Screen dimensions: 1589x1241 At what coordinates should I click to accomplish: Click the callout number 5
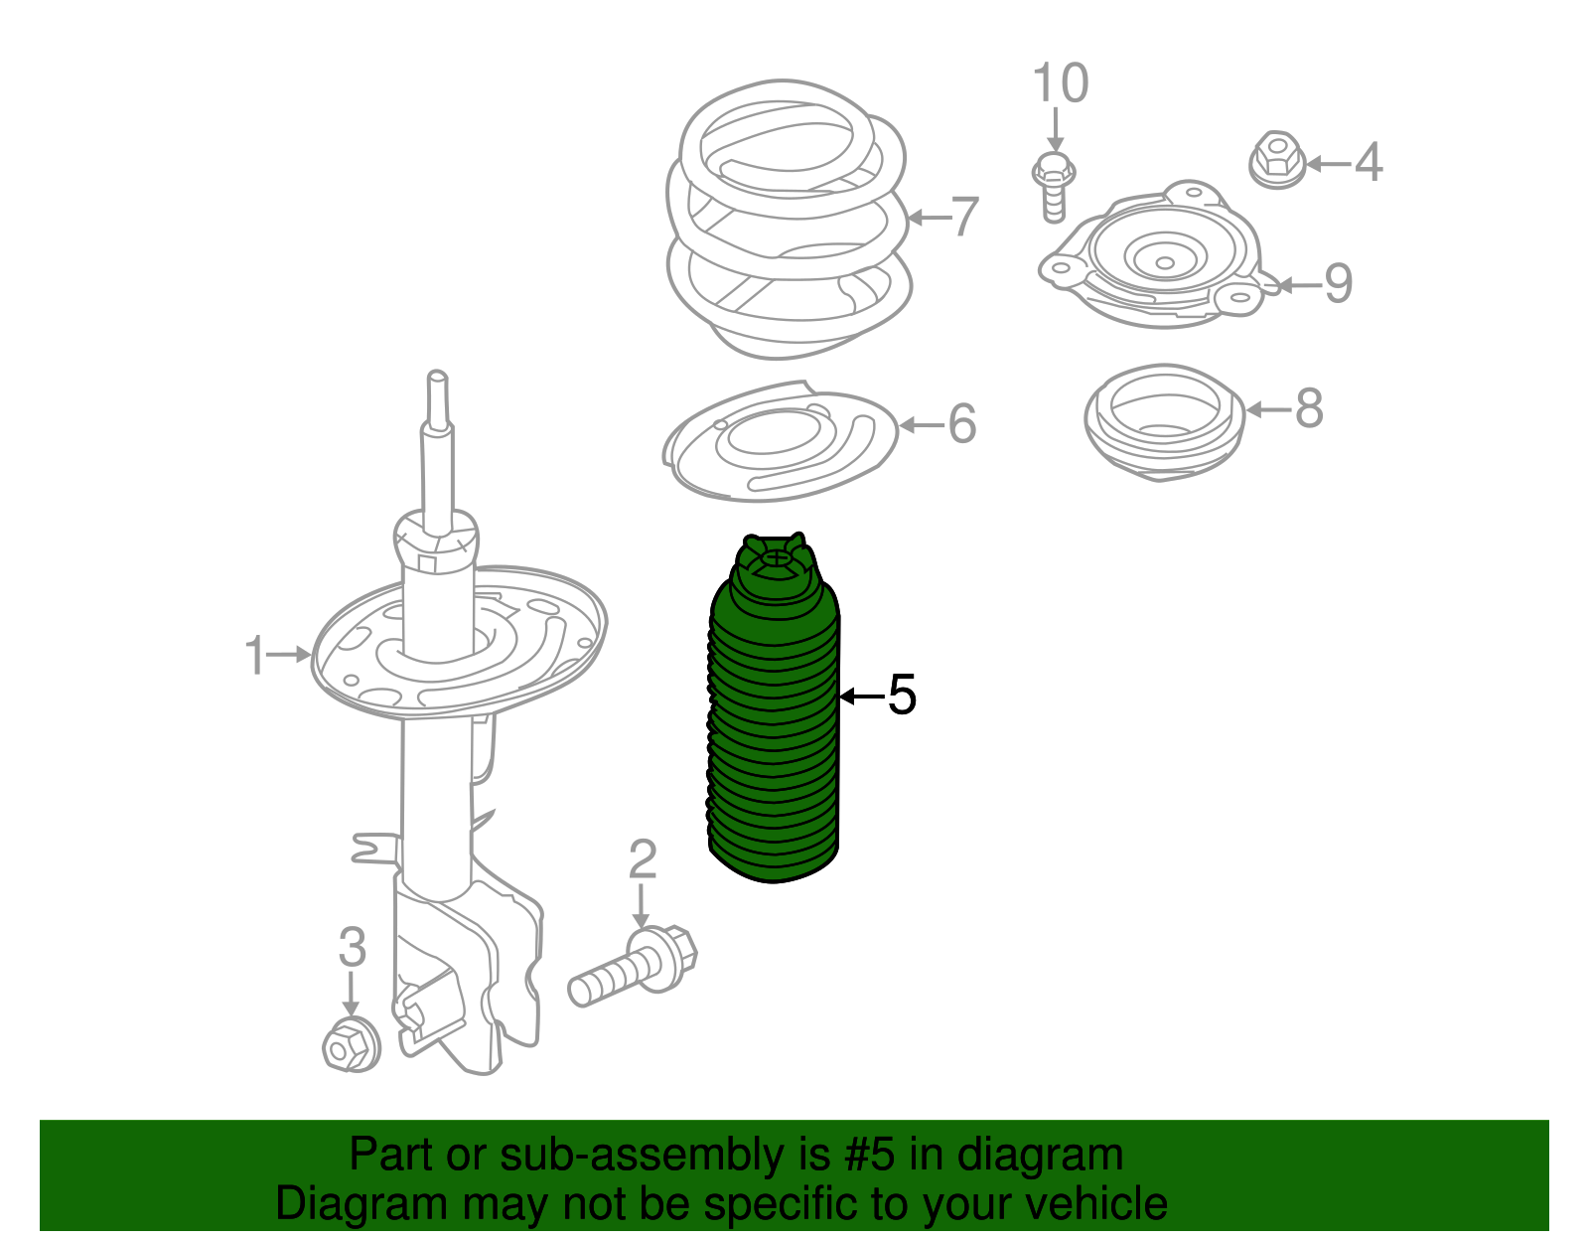[x=902, y=694]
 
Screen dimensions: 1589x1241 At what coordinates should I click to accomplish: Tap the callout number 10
[x=1061, y=82]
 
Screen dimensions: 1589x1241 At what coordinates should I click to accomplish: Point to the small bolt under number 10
[x=1054, y=187]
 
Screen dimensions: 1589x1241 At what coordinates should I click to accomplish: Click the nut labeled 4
[x=1277, y=160]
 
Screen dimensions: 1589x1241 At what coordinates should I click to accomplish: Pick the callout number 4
[x=1369, y=162]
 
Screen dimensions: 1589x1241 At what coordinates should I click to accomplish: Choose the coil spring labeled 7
[x=789, y=220]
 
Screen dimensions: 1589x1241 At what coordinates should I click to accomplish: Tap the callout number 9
[x=1339, y=283]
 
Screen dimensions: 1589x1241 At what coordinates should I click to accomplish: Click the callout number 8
[x=1309, y=408]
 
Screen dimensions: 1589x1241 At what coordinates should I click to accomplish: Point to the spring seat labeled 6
[x=780, y=442]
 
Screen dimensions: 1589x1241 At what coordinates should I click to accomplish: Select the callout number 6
[x=962, y=423]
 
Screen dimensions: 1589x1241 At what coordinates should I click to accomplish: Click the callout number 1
[x=254, y=655]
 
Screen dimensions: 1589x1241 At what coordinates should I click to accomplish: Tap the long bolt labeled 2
[x=634, y=966]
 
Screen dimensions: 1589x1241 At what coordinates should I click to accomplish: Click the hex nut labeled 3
[x=351, y=1043]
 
